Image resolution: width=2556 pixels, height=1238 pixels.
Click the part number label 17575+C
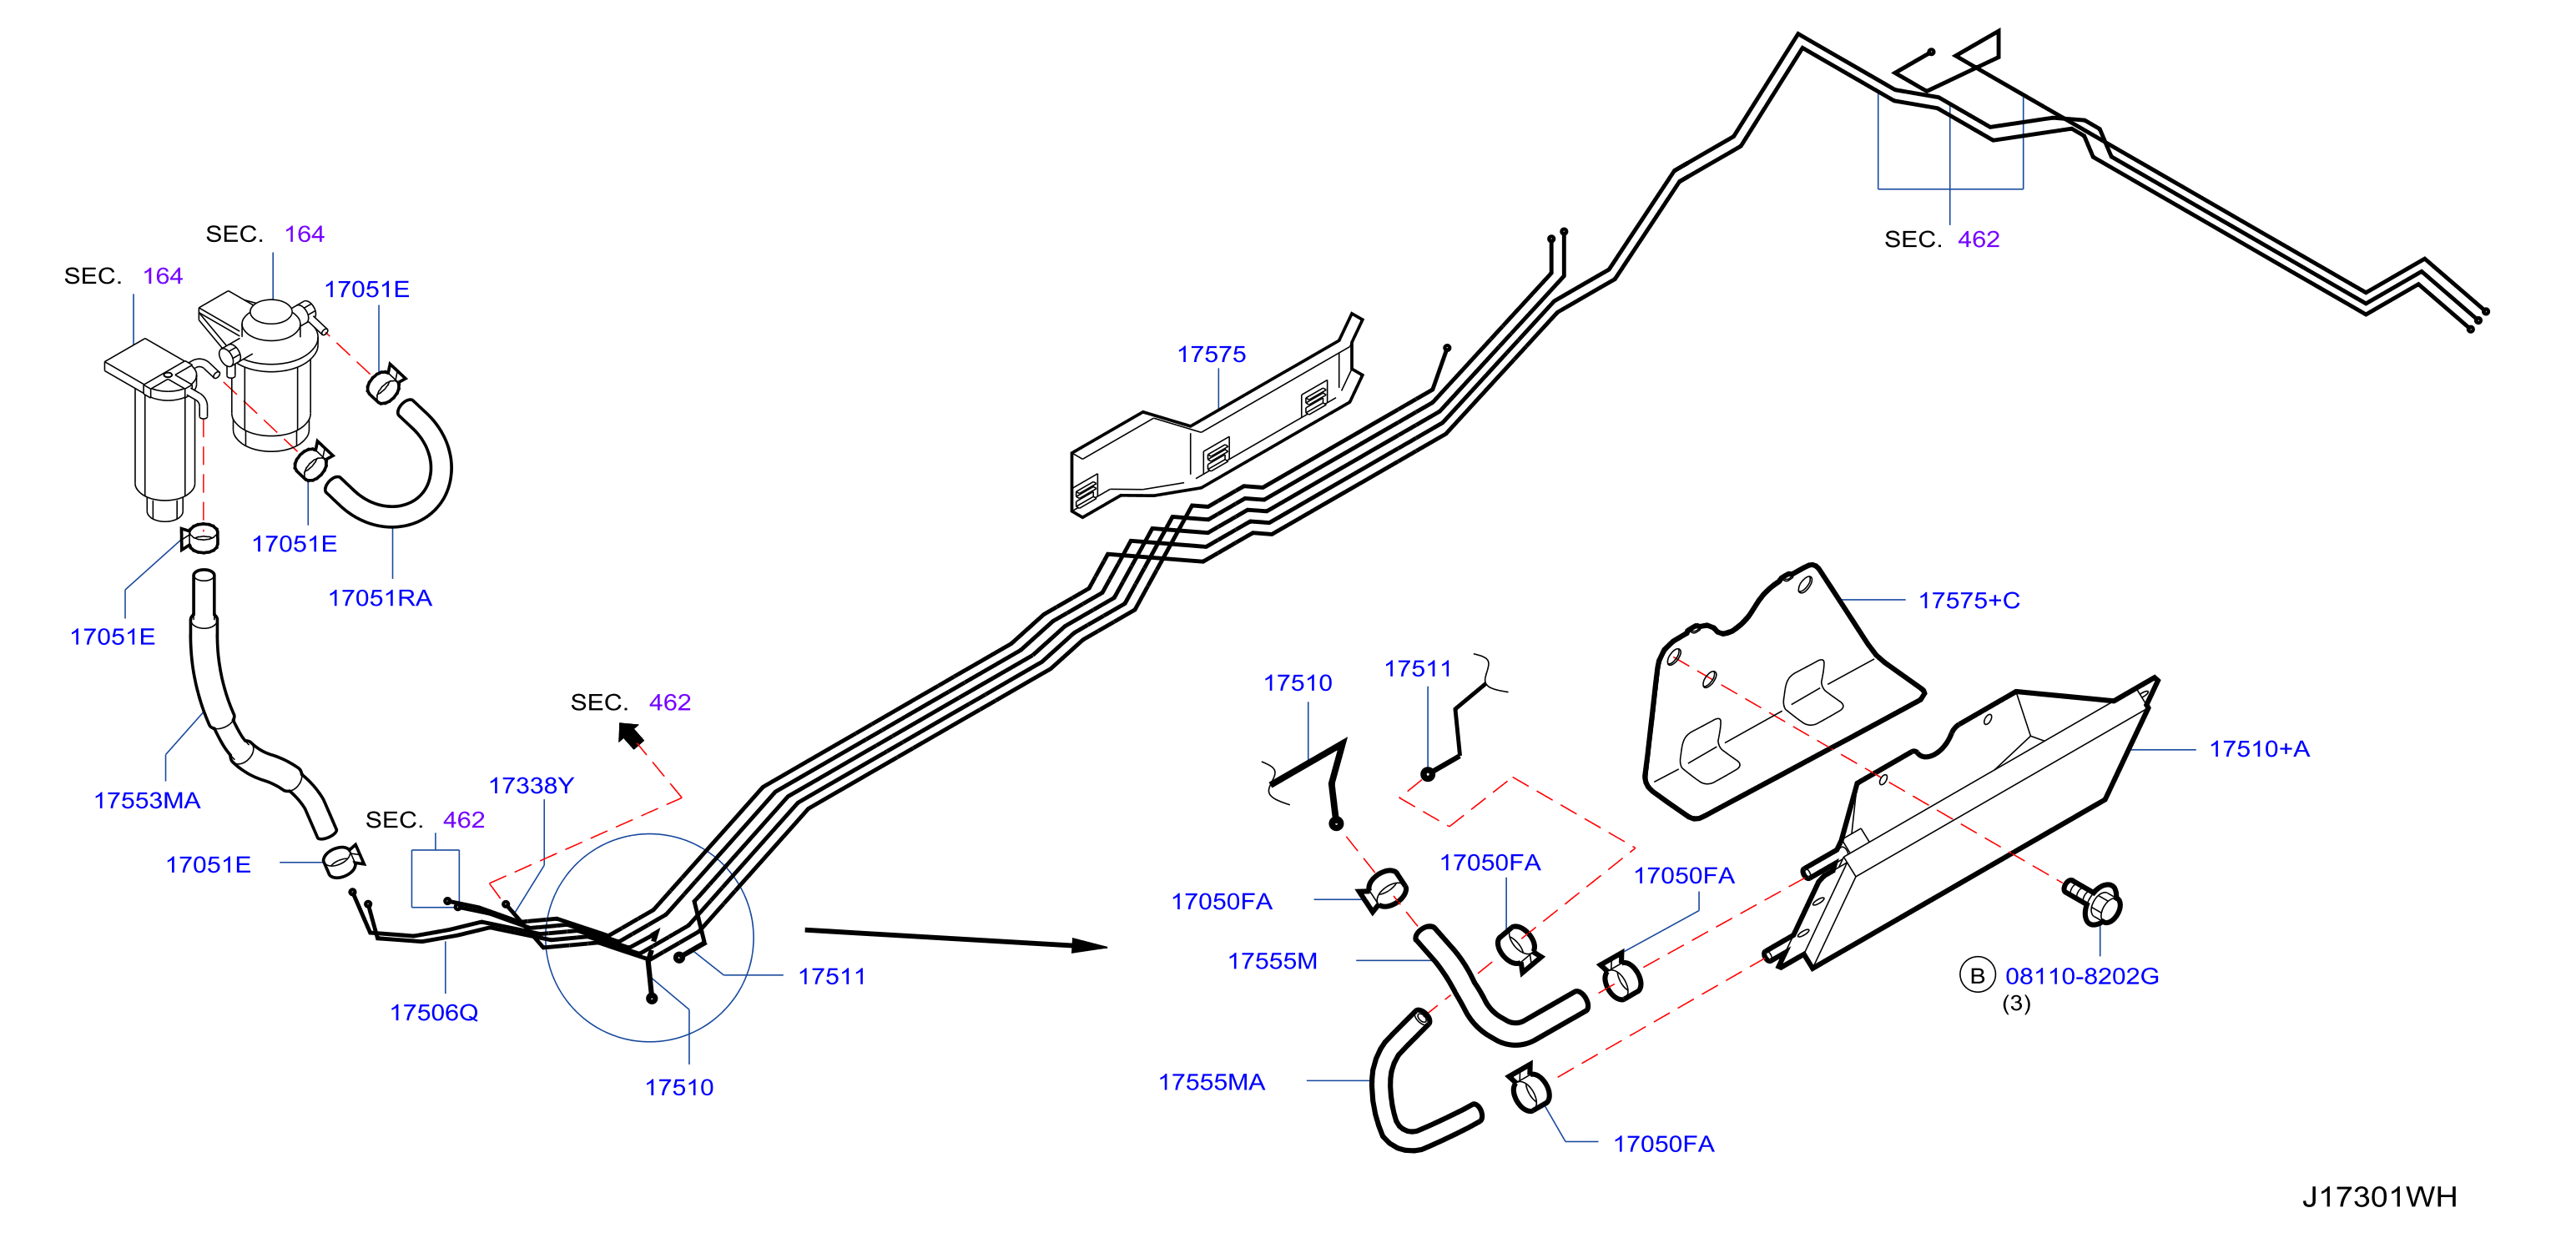1969,600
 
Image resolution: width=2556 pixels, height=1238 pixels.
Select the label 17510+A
2258,749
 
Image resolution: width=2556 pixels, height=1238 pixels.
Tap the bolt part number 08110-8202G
2082,976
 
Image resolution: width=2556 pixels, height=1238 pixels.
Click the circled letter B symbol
1977,976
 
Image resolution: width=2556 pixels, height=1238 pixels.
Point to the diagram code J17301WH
2379,1197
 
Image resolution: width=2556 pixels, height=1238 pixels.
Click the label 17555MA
1212,1082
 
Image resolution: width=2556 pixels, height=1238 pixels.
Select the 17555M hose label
1272,961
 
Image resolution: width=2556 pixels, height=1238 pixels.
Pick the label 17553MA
147,801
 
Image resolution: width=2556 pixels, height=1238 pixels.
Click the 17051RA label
380,598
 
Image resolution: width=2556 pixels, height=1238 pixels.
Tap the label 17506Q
434,1013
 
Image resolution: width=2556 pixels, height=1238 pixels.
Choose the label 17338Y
531,786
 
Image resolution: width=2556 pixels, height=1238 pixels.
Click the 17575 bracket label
1212,355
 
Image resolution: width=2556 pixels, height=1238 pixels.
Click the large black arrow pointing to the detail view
955,939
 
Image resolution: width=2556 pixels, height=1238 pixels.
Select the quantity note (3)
2015,1004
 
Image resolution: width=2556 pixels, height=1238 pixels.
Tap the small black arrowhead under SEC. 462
630,735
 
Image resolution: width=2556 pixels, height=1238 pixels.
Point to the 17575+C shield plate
1776,694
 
